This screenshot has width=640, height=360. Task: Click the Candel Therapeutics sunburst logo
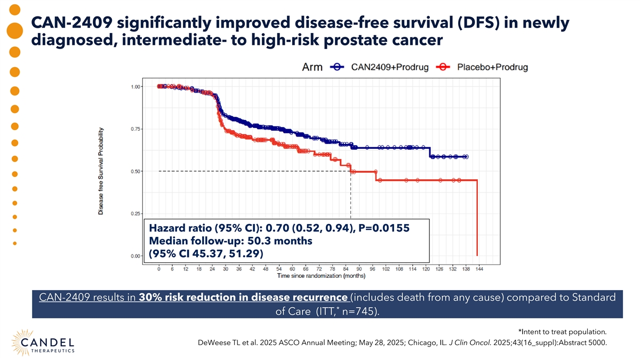(21, 339)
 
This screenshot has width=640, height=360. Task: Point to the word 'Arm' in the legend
(312, 67)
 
